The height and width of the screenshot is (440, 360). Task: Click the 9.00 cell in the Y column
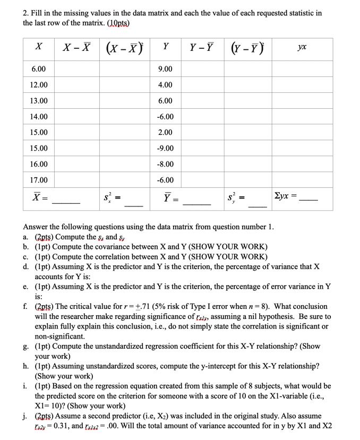(x=165, y=69)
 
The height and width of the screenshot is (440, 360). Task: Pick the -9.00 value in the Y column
(x=165, y=149)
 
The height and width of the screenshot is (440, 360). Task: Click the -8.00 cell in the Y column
(x=165, y=165)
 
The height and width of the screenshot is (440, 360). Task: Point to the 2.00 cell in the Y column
(x=165, y=133)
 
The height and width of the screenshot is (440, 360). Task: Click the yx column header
(x=302, y=47)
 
